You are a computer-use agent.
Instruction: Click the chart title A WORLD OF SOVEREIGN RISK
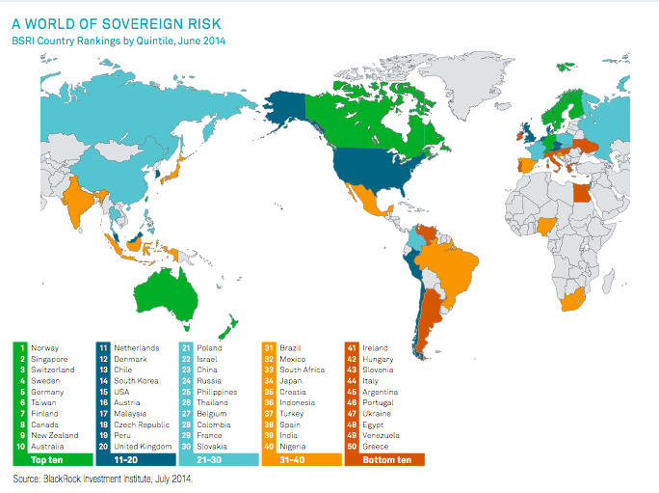(x=117, y=24)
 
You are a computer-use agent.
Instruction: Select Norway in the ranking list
(x=45, y=348)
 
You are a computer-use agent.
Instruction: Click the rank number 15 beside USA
(x=103, y=392)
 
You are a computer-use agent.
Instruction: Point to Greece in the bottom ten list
(x=376, y=447)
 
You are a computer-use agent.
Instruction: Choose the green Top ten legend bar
(x=53, y=460)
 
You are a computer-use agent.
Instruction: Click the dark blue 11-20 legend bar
(x=136, y=460)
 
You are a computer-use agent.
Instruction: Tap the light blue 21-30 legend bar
(x=219, y=460)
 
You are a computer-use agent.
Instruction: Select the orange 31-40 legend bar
(x=302, y=460)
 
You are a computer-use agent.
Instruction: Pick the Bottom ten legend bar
(x=384, y=460)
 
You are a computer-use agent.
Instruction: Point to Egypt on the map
(x=582, y=193)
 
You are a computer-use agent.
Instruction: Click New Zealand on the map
(x=228, y=327)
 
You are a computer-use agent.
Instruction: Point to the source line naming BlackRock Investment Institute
(x=102, y=479)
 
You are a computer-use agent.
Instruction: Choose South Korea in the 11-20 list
(x=136, y=381)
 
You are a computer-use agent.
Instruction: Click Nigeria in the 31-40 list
(x=293, y=447)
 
